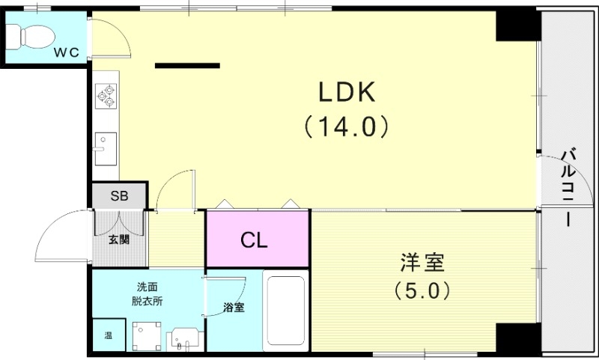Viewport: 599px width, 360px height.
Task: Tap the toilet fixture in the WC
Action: click(30, 34)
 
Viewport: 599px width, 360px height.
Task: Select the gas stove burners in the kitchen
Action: click(106, 94)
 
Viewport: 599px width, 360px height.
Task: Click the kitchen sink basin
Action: click(105, 142)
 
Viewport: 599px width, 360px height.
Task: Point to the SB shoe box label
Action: click(119, 197)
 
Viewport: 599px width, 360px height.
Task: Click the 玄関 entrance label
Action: click(118, 240)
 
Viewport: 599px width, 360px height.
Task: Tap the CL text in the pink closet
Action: click(255, 240)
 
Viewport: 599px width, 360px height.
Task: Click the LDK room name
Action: click(346, 92)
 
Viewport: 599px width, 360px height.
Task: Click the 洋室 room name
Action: click(422, 263)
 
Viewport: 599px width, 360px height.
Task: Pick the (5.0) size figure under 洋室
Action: click(422, 290)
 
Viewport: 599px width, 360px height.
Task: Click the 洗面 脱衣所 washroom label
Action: click(148, 294)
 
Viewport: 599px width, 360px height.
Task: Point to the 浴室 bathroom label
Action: click(234, 308)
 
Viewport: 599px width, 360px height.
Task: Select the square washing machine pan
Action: click(147, 335)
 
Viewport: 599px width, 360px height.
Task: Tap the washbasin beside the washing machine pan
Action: click(183, 338)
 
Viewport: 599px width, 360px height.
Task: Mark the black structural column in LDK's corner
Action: click(517, 27)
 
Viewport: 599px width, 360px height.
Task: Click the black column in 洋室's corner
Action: click(517, 338)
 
